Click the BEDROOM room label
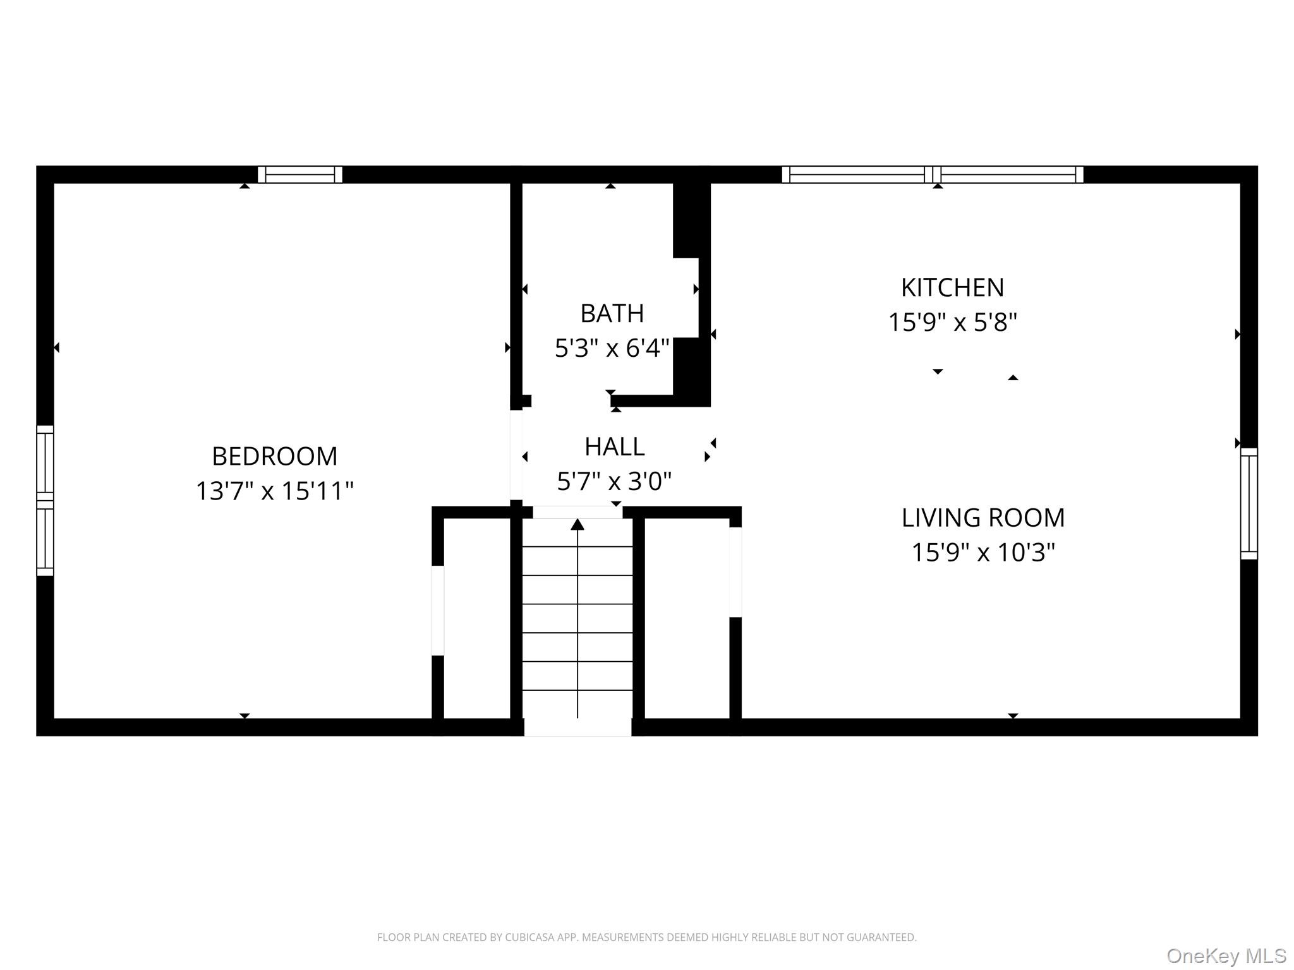coord(274,456)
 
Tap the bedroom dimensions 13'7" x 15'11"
coord(274,491)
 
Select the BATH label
coord(612,313)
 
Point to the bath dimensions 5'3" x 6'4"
coord(612,348)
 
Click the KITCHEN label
coord(952,288)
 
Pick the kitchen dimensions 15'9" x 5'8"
coord(952,323)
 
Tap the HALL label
coord(614,447)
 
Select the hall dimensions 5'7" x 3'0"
coord(614,482)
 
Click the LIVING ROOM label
coord(983,518)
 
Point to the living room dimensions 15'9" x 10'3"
coord(983,553)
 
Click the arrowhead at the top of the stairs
coord(577,525)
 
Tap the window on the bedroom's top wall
coord(300,174)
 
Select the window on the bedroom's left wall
coord(45,500)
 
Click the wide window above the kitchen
coord(933,174)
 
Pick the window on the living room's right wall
coord(1249,503)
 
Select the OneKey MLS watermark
coord(1226,956)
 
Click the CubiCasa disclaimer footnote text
coord(646,937)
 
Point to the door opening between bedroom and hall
coord(516,455)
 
